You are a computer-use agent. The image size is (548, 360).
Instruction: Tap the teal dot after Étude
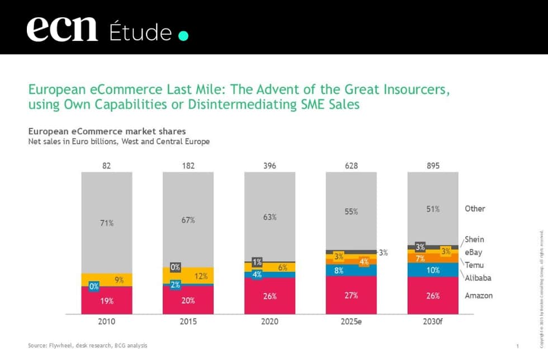(183, 36)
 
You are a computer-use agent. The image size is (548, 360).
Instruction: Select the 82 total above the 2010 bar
(107, 165)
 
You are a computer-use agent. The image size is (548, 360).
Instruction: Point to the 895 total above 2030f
(433, 165)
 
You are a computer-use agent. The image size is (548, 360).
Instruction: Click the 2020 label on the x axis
(270, 323)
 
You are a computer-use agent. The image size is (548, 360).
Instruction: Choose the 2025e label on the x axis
(351, 323)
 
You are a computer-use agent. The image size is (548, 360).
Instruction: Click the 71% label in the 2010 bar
(107, 223)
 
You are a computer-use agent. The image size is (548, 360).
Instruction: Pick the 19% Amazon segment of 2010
(107, 301)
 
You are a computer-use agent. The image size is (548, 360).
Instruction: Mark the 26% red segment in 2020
(270, 296)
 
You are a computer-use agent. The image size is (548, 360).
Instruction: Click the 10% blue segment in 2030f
(433, 270)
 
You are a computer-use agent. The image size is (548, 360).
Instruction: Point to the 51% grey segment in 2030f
(433, 209)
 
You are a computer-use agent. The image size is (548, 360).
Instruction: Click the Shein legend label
(474, 239)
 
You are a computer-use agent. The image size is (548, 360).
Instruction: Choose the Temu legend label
(474, 265)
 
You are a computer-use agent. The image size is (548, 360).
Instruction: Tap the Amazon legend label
(479, 295)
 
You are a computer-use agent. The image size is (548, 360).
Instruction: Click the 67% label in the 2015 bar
(188, 220)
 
